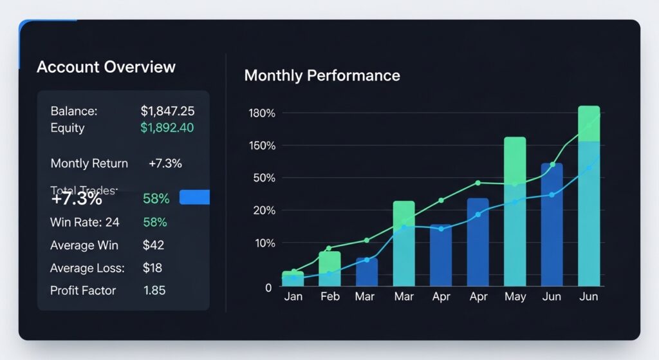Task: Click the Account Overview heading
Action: coord(106,67)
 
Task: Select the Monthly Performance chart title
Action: coord(322,75)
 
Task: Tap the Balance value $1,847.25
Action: coord(167,111)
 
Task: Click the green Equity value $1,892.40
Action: coord(167,128)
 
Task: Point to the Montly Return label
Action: coord(89,164)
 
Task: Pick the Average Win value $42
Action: coord(153,245)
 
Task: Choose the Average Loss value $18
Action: coord(153,268)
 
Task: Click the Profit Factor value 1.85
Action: coord(154,290)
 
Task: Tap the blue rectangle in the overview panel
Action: coord(194,197)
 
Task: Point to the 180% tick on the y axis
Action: coord(261,113)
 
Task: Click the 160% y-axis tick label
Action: coord(261,146)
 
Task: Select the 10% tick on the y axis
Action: coord(263,243)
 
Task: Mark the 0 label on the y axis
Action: coord(268,287)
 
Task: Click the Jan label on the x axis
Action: coord(293,297)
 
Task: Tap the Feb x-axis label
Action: coord(329,297)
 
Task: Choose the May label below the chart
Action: coord(515,297)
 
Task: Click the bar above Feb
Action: coord(329,269)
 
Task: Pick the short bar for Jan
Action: coord(293,278)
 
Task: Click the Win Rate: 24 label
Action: coord(85,222)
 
